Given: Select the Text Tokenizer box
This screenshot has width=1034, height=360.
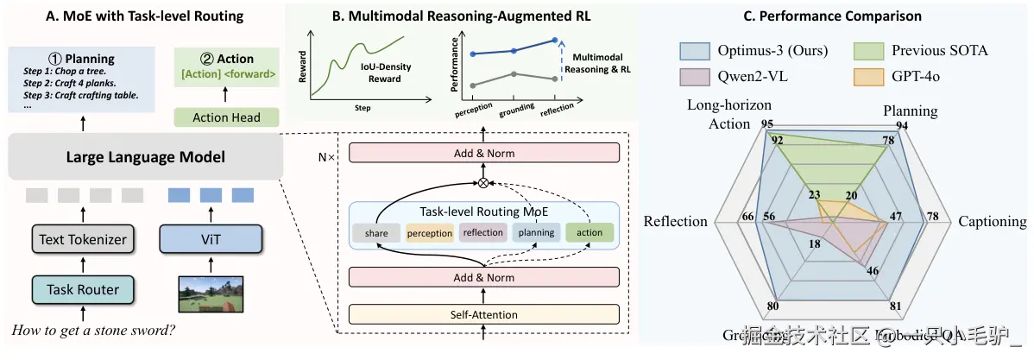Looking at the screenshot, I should click(82, 239).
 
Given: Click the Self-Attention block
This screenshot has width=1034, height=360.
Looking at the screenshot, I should click(484, 312).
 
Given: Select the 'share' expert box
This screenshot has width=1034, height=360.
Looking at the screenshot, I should click(376, 232).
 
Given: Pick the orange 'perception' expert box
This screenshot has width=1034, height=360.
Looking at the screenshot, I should click(429, 232).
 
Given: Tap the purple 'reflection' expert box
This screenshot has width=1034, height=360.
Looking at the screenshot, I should click(482, 232).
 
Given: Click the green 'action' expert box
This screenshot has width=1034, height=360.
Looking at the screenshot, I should click(590, 232).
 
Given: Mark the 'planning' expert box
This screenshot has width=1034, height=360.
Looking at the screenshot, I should click(536, 232).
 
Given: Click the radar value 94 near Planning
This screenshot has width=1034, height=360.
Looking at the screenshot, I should click(902, 125).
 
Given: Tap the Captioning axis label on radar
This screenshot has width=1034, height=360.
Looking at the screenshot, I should click(993, 222).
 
